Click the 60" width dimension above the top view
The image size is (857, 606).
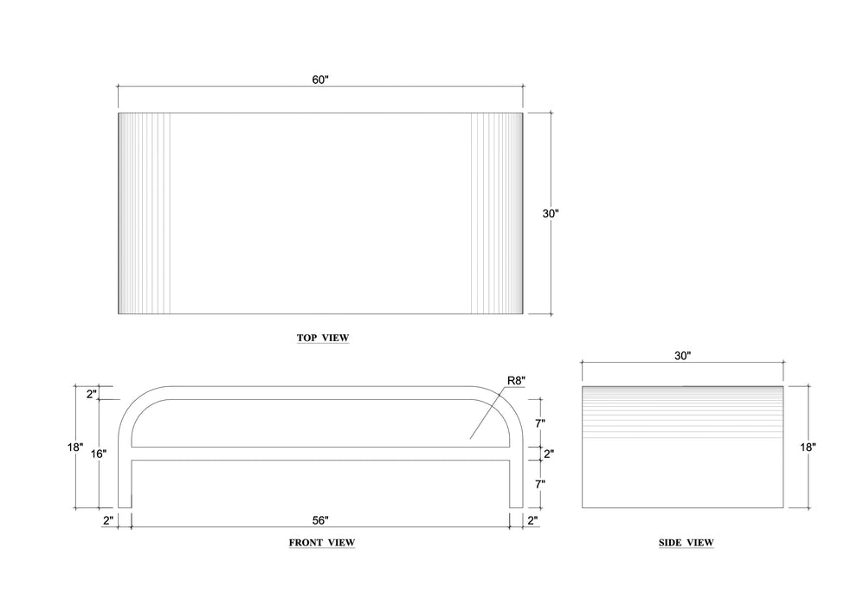[x=320, y=80]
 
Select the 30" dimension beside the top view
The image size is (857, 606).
[x=551, y=214]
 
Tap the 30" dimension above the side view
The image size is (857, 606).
[x=683, y=356]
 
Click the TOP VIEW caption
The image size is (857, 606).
[x=323, y=338]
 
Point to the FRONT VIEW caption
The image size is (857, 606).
[x=322, y=543]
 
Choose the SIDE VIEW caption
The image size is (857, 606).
[x=686, y=543]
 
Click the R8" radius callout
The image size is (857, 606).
[x=517, y=380]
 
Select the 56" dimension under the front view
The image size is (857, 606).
[x=320, y=520]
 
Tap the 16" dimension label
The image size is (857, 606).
[x=99, y=454]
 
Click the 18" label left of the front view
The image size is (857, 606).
[x=75, y=447]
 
